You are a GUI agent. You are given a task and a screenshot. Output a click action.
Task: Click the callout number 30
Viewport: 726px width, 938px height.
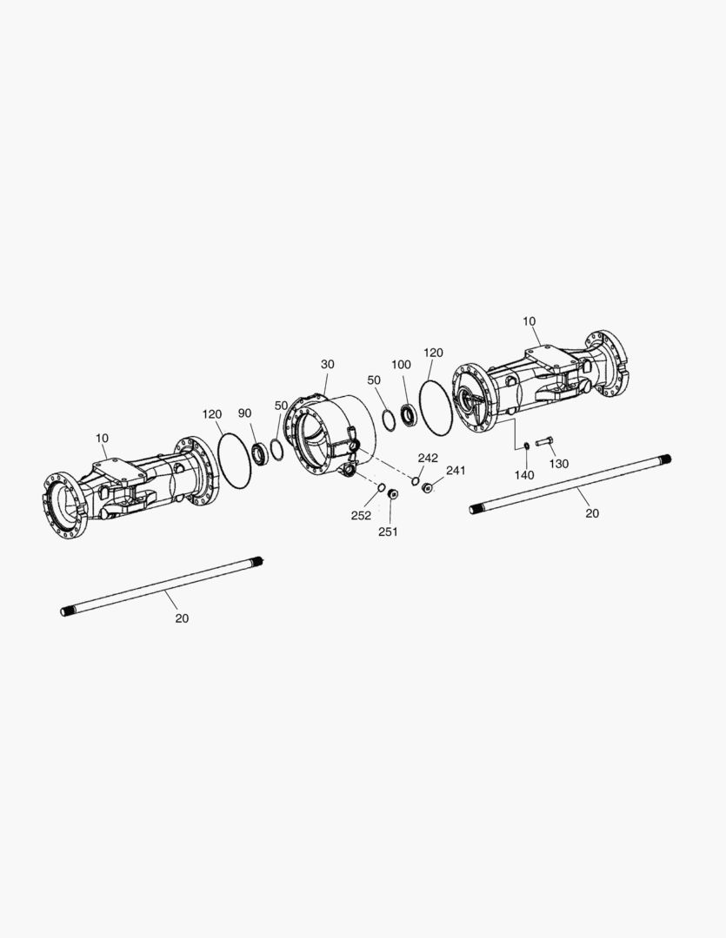pos(328,364)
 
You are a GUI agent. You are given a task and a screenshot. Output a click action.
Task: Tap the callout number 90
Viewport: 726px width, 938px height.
pos(244,413)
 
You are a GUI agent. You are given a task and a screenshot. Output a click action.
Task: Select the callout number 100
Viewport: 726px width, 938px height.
pos(402,364)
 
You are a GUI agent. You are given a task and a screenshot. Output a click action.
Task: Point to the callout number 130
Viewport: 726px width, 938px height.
pos(559,464)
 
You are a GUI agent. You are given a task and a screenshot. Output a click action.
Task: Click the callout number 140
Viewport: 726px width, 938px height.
pos(524,475)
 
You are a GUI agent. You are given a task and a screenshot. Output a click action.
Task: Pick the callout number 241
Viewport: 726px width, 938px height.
pos(456,470)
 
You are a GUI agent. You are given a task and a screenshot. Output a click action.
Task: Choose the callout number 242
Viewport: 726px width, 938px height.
pos(429,458)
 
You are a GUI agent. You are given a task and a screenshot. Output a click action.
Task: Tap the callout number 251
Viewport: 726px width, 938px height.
pos(388,532)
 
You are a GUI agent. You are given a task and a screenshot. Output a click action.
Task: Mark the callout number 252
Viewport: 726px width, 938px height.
pos(361,515)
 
